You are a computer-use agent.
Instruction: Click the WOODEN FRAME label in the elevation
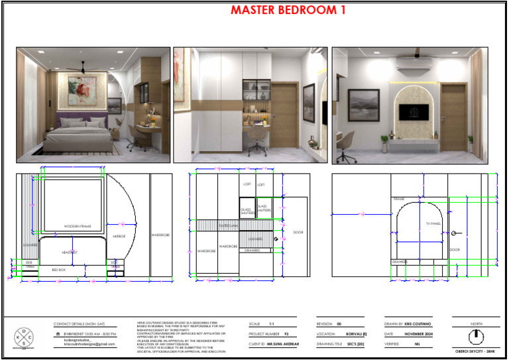coord(78,227)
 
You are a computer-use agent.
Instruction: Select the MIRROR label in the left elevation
coord(119,236)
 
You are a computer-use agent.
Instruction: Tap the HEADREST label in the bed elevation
coord(70,253)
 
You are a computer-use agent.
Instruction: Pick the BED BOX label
coord(59,270)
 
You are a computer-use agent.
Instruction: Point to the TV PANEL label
coord(433,224)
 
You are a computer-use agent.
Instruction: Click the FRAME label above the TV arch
coord(399,199)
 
